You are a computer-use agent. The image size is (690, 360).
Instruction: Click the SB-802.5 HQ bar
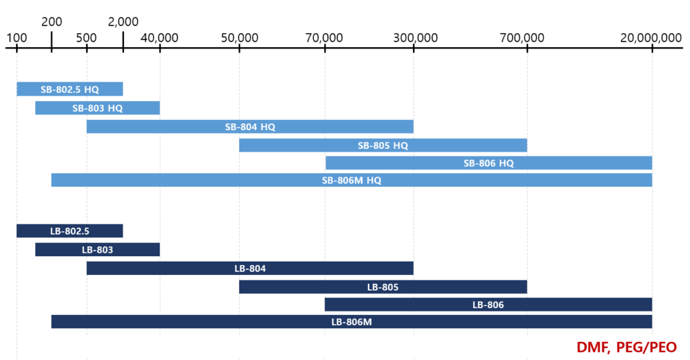[x=69, y=89]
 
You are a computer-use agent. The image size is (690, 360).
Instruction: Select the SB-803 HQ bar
[x=98, y=108]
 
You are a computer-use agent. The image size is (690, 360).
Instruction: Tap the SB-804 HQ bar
[x=250, y=127]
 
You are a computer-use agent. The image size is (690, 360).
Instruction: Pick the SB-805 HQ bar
[x=383, y=145]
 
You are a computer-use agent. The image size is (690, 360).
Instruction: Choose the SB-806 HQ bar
[x=489, y=163]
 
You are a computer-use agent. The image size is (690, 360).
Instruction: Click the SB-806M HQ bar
[x=352, y=180]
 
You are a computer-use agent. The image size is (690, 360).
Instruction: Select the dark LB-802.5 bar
[x=69, y=231]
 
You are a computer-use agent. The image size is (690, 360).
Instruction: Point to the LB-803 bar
[x=98, y=249]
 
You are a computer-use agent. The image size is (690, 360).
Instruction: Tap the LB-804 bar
[x=250, y=268]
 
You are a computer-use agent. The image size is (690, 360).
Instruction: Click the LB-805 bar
[x=383, y=287]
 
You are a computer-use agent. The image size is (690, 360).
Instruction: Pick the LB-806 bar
[x=489, y=305]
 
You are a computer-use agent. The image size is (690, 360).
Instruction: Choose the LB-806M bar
[x=352, y=322]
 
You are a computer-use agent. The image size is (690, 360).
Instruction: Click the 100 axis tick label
[x=17, y=38]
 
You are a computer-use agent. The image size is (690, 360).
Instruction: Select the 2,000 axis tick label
[x=123, y=22]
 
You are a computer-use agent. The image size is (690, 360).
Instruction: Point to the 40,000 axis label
[x=160, y=38]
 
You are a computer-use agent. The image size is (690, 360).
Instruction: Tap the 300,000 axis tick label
[x=413, y=38]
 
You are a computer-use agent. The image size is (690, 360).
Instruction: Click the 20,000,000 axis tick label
[x=651, y=38]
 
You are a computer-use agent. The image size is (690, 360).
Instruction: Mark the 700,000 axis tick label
[x=522, y=38]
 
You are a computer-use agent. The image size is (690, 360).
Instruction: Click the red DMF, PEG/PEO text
[x=626, y=347]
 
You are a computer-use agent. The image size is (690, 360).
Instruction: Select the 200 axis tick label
[x=52, y=22]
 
